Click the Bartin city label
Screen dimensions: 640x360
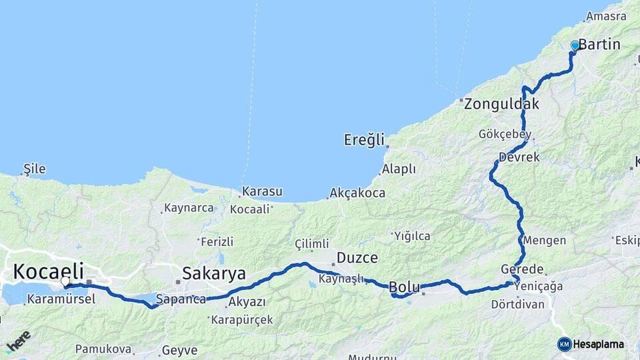(599, 45)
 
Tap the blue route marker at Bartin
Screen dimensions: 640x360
(575, 45)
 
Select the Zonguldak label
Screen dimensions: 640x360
(501, 104)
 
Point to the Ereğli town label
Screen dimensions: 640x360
(364, 140)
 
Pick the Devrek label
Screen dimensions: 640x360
(518, 157)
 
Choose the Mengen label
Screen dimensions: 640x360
(545, 240)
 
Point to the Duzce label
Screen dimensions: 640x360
(357, 257)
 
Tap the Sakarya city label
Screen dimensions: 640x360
(214, 273)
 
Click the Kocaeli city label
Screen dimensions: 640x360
(49, 271)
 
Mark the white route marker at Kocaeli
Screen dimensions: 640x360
(65, 281)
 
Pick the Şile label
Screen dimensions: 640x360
(34, 169)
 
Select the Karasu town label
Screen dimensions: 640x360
(261, 192)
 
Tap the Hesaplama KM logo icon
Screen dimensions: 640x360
(565, 344)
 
